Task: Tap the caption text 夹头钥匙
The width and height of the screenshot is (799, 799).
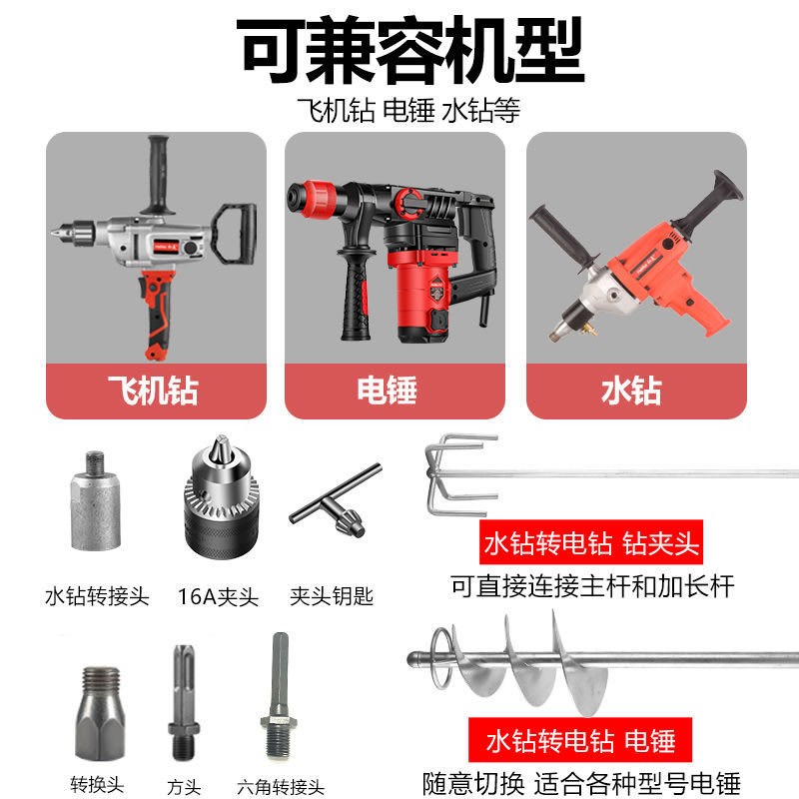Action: (x=332, y=596)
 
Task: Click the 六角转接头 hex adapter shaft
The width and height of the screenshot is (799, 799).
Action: (x=276, y=699)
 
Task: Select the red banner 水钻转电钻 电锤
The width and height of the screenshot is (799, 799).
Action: (x=579, y=740)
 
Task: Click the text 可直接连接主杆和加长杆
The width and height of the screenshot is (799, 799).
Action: (x=592, y=585)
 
